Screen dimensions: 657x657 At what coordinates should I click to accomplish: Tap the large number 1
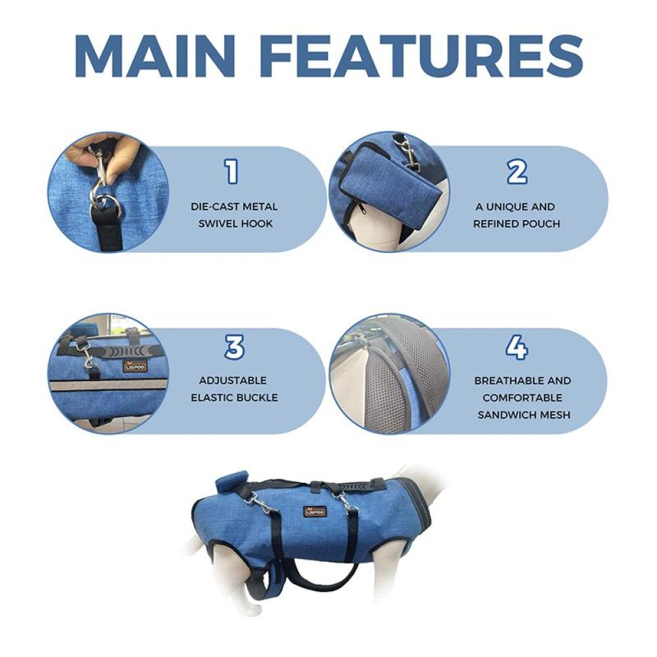pyautogui.click(x=232, y=171)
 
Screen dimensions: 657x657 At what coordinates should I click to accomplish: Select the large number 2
pyautogui.click(x=516, y=171)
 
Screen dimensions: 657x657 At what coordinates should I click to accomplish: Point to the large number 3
pyautogui.click(x=235, y=348)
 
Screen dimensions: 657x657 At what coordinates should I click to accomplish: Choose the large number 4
pyautogui.click(x=516, y=348)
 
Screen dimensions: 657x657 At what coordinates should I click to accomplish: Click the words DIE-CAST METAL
pyautogui.click(x=235, y=206)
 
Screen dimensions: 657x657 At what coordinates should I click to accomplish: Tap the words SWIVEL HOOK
pyautogui.click(x=235, y=224)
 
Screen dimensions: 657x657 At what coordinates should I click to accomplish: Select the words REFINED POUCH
pyautogui.click(x=516, y=224)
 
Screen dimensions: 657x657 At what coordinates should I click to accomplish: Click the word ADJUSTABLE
pyautogui.click(x=233, y=380)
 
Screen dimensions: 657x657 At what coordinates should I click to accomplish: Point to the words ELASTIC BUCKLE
pyautogui.click(x=235, y=397)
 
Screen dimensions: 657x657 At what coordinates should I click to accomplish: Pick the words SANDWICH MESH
pyautogui.click(x=524, y=415)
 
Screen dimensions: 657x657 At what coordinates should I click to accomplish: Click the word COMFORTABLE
pyautogui.click(x=522, y=397)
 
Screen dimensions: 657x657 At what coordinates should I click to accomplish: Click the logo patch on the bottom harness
pyautogui.click(x=314, y=512)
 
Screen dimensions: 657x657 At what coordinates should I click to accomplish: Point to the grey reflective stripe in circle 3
pyautogui.click(x=110, y=384)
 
